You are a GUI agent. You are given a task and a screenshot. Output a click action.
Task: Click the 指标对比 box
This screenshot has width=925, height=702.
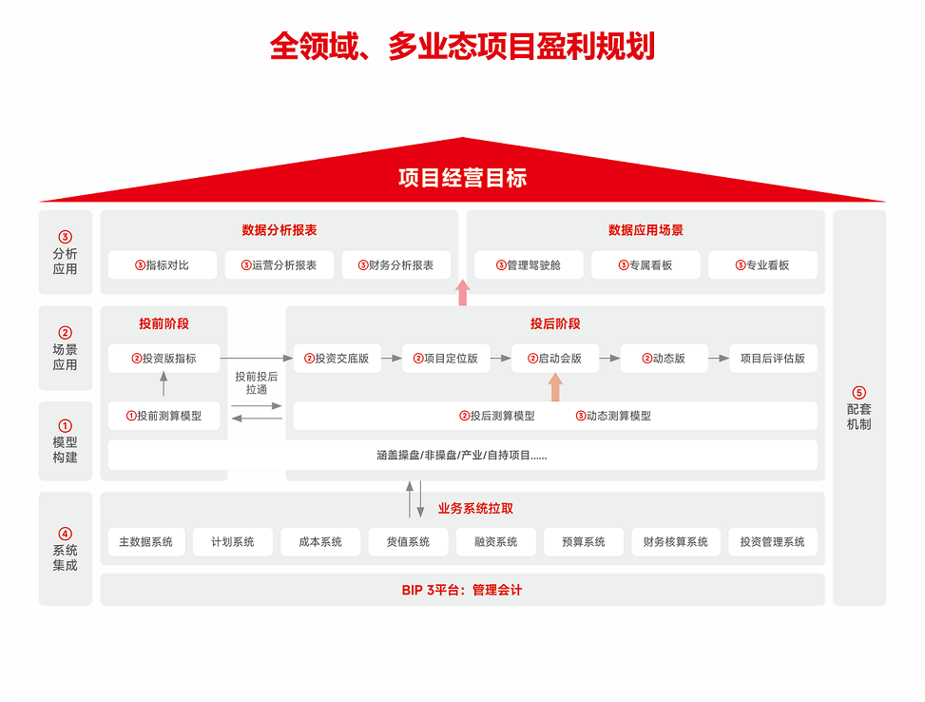(163, 265)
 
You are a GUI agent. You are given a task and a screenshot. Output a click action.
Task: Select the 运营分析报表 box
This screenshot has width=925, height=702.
(279, 265)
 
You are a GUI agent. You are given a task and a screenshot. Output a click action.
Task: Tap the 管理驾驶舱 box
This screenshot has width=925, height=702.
(529, 265)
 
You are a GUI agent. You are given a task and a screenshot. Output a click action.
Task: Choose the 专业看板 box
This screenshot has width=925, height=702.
(762, 265)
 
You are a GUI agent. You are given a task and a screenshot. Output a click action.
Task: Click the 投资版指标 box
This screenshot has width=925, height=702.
(164, 359)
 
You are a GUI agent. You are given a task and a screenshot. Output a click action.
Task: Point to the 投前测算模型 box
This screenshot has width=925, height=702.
(164, 416)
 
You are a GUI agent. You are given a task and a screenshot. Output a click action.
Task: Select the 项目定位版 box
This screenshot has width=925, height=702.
(446, 359)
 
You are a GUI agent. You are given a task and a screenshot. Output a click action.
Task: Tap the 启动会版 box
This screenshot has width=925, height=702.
(555, 359)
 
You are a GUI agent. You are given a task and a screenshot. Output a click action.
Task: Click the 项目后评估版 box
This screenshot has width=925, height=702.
(774, 359)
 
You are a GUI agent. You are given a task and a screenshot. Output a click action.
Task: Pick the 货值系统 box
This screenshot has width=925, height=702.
(408, 542)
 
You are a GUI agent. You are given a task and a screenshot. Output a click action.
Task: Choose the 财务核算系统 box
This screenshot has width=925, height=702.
(676, 542)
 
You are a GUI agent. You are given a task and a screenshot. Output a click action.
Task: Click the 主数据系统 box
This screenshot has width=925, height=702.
(146, 542)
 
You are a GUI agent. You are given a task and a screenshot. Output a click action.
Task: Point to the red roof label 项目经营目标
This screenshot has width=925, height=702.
(462, 178)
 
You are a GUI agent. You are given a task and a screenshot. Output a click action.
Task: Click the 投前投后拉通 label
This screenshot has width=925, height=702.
(257, 383)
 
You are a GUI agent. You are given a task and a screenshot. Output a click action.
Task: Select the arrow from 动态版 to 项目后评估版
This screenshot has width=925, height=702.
(719, 359)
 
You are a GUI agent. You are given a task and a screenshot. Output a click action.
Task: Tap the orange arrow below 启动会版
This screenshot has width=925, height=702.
(555, 387)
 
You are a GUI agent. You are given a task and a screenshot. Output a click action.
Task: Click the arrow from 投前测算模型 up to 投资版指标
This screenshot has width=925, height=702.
(164, 383)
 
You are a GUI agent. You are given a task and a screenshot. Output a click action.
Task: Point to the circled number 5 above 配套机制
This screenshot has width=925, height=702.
(859, 393)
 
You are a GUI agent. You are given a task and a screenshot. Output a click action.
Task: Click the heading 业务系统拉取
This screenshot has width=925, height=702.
(475, 508)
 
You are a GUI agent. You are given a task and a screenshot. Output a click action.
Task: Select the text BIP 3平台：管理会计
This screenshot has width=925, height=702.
(462, 590)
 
